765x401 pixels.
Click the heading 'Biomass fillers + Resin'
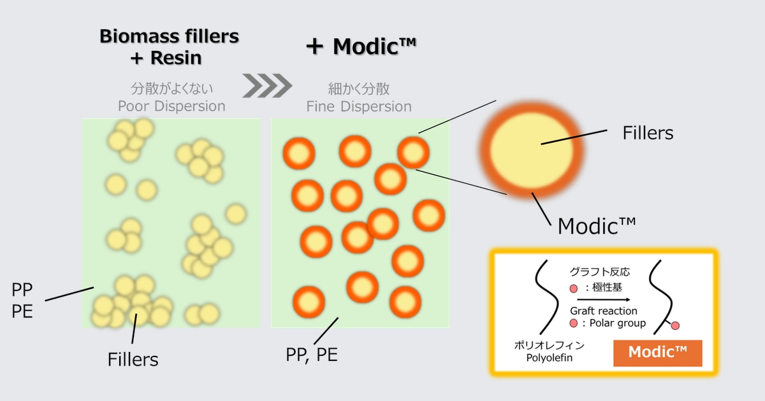coord(169,47)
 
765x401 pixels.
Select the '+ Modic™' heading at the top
coord(361,46)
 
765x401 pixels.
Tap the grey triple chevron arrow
coord(266,84)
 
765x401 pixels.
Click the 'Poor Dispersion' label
coord(171,106)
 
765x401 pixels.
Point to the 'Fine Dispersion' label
coord(359,106)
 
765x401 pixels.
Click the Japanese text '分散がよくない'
coord(171,88)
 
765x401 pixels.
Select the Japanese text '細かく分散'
coord(359,88)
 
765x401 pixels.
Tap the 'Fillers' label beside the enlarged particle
coord(648,133)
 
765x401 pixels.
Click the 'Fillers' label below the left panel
coord(133,359)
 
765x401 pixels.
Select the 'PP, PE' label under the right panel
coord(312,354)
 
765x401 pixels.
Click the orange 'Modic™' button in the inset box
coord(657,353)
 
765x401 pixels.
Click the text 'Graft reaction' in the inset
coord(603,311)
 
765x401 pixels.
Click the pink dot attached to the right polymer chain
coord(675,325)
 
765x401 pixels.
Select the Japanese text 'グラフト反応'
coord(600,272)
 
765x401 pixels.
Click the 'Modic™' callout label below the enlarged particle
coord(597,225)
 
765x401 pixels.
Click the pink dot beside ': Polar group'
coord(574,323)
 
